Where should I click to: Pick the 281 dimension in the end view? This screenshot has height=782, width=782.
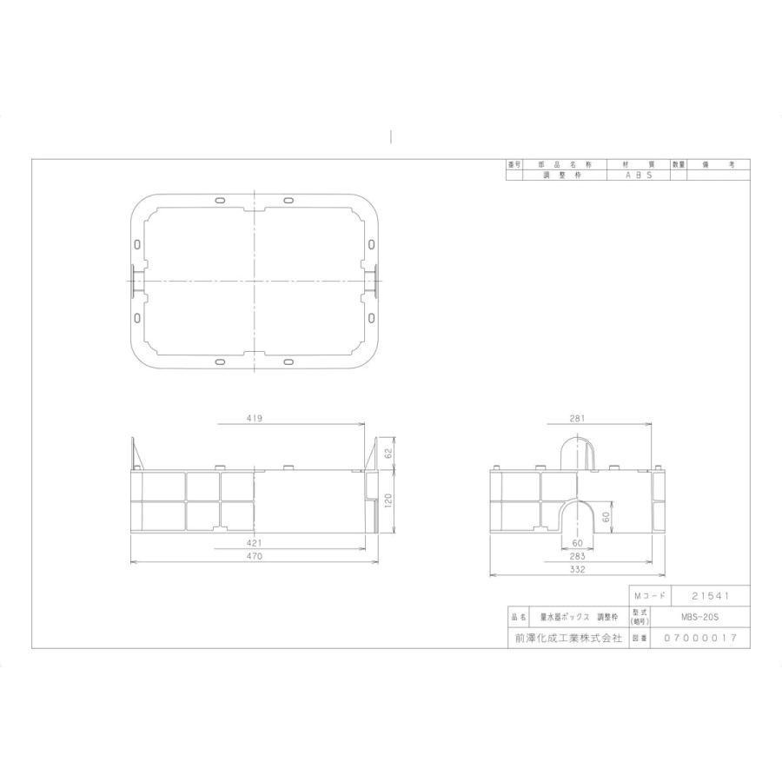(x=576, y=418)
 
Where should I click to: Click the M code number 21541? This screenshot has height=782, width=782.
(x=709, y=596)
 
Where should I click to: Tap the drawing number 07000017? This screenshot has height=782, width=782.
(x=700, y=638)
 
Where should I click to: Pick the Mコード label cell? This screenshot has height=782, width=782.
(x=649, y=596)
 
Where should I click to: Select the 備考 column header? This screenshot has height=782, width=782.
(x=718, y=164)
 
